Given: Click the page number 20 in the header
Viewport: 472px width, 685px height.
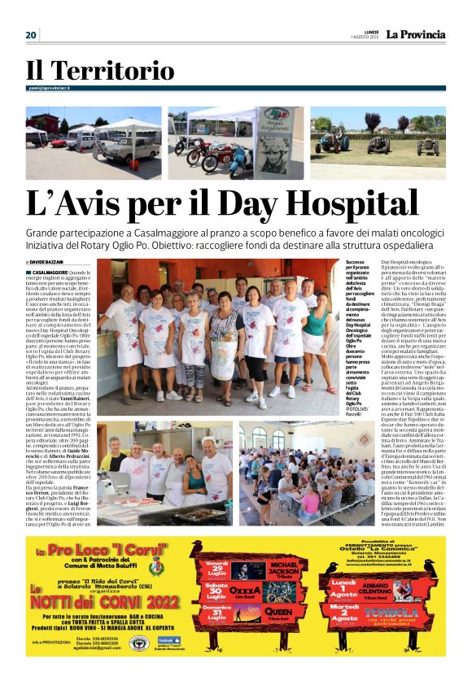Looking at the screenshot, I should (31, 35).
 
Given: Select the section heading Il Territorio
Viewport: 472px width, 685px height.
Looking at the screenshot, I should (99, 71).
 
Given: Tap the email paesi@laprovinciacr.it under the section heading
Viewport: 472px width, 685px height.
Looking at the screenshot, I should (50, 88).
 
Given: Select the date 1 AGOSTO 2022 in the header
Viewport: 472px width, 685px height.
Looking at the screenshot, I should (365, 37).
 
